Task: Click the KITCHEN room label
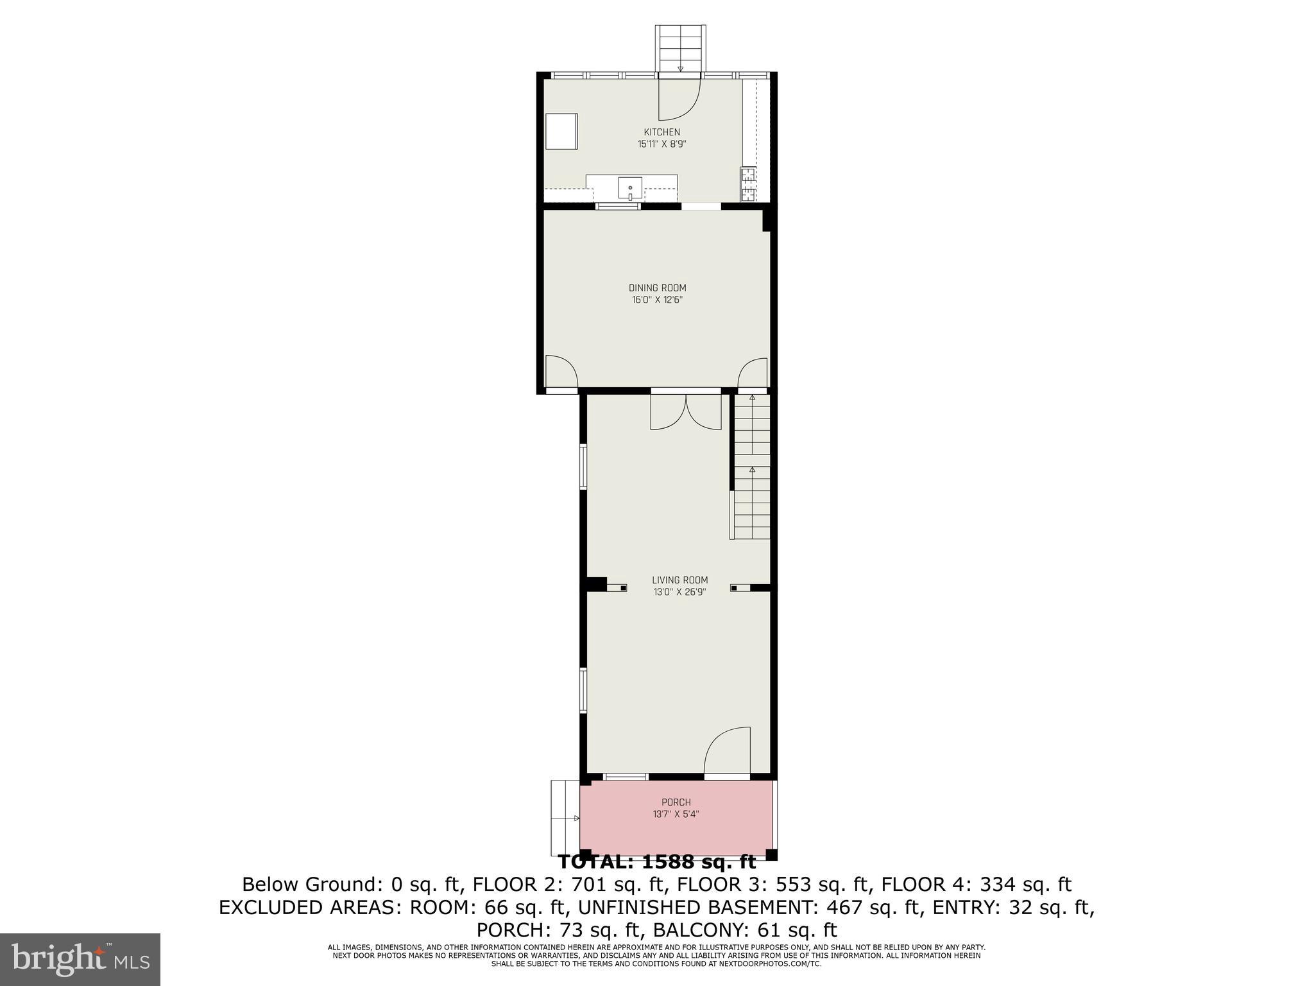pos(661,132)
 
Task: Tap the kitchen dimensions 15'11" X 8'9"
pos(661,144)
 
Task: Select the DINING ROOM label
pos(657,288)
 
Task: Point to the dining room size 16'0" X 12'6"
pos(657,300)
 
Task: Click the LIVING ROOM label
pos(679,580)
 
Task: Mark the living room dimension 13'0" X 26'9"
pos(679,592)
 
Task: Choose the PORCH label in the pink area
pos(676,802)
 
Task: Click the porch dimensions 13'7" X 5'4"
pos(676,814)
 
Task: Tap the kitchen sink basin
pos(630,189)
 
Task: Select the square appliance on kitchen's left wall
pos(561,132)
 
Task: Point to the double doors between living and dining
pos(686,412)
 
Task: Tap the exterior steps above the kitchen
pos(680,48)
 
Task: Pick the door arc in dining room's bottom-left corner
pos(561,372)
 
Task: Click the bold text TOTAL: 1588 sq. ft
pos(657,861)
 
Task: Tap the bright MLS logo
pos(80,959)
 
